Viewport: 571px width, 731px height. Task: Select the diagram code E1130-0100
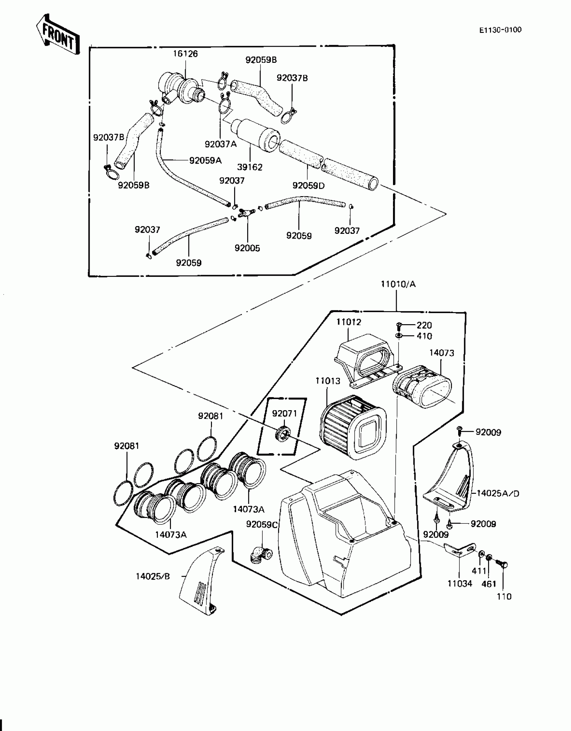tap(500, 30)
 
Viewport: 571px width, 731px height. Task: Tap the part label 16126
tap(185, 54)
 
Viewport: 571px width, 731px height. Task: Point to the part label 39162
tap(250, 167)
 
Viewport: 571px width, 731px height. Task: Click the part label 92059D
tap(308, 185)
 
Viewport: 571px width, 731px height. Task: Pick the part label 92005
tap(247, 248)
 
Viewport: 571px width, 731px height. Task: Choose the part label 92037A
tap(221, 144)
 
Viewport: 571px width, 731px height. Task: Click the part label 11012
tap(349, 322)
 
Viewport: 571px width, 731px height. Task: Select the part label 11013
tap(328, 381)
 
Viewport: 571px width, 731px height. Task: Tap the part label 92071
tap(284, 413)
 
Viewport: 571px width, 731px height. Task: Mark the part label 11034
tap(459, 584)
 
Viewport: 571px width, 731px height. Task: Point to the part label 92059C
tap(262, 524)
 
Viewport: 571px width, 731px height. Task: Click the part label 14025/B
tap(153, 576)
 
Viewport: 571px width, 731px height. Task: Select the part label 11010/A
tap(398, 284)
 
